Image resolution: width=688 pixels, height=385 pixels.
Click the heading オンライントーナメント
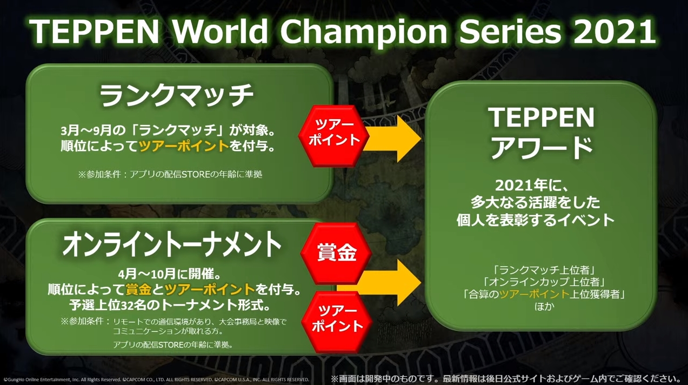click(x=172, y=245)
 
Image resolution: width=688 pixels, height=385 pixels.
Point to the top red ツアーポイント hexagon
click(x=334, y=136)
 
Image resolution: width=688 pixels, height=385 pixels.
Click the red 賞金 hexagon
click(x=336, y=253)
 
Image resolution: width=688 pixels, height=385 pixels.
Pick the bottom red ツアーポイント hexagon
click(x=337, y=322)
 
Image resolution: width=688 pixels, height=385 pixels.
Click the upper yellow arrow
click(x=392, y=139)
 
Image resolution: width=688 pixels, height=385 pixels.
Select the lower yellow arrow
click(x=379, y=283)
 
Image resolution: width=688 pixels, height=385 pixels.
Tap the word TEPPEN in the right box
click(x=541, y=117)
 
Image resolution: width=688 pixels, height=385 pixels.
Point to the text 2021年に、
click(x=533, y=185)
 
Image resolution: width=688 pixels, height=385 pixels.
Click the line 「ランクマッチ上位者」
click(x=543, y=270)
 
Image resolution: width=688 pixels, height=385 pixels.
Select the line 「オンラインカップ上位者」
click(x=543, y=282)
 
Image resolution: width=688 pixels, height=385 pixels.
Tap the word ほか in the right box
click(x=544, y=307)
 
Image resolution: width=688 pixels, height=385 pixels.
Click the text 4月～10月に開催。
click(x=174, y=274)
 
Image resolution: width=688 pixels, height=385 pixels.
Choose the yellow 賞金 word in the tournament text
click(x=138, y=289)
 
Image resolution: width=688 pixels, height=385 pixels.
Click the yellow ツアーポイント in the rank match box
click(x=184, y=146)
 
